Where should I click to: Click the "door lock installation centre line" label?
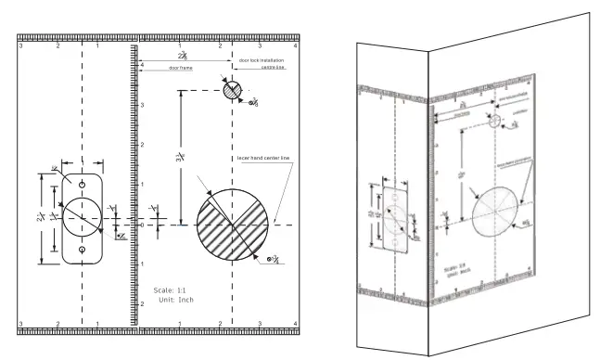click(263, 63)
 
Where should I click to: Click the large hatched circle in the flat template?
click(235, 225)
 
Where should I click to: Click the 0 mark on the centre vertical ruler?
click(141, 225)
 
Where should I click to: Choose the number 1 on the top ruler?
click(98, 45)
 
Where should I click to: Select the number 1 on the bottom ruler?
click(98, 324)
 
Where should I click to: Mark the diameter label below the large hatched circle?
click(272, 258)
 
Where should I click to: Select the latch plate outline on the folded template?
click(395, 215)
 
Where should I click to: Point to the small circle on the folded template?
click(494, 122)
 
